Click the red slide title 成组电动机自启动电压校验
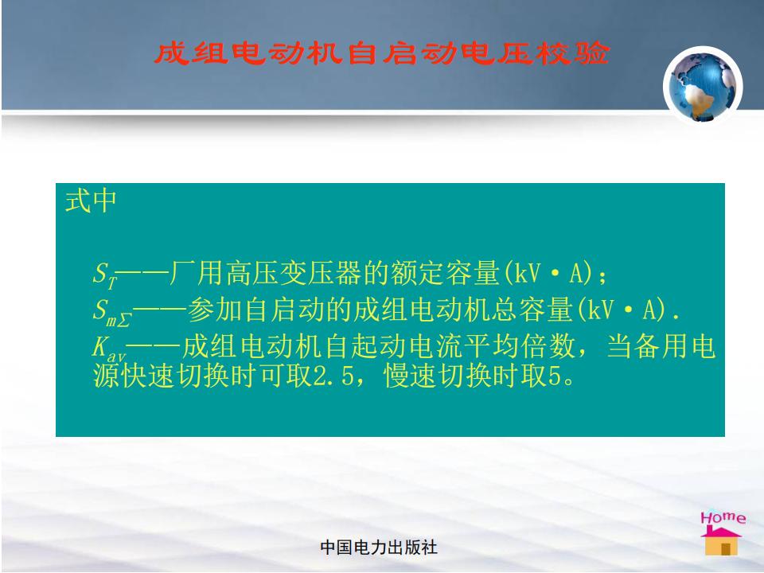pos(382,53)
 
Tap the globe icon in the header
pos(703,86)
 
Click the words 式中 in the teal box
pos(91,201)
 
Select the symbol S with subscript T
pos(105,275)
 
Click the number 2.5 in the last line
pos(333,376)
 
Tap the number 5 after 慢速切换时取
pos(555,376)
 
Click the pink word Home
pos(723,517)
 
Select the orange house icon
pos(722,540)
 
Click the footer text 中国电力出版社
pos(379,548)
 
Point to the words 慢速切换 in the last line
pos(438,376)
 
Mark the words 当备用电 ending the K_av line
pos(661,346)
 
